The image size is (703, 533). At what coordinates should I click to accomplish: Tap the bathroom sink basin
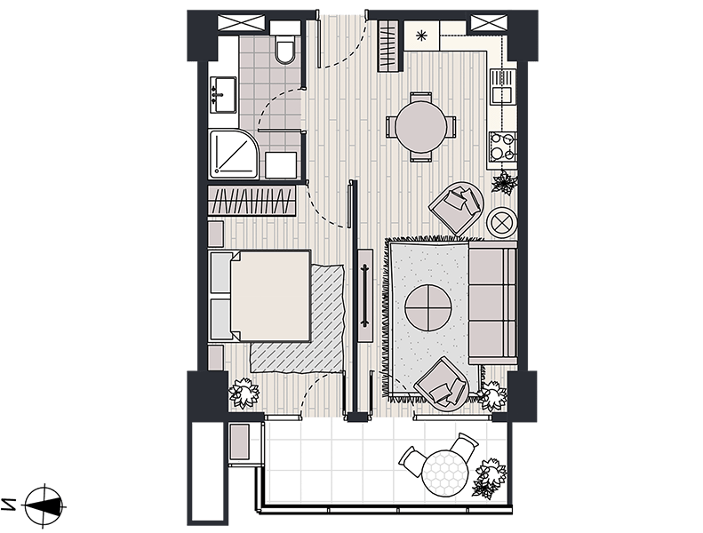[224, 94]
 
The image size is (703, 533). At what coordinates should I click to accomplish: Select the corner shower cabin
[234, 153]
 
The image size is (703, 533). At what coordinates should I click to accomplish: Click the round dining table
[421, 127]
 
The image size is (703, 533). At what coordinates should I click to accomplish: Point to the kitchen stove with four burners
[502, 147]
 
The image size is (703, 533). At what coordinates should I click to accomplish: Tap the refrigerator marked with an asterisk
[422, 36]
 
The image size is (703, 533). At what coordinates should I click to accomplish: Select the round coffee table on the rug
[428, 307]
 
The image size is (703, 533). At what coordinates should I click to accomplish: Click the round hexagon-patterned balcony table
[444, 473]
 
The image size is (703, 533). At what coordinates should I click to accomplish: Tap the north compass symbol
[43, 505]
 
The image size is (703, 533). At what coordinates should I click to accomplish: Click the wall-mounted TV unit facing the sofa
[366, 296]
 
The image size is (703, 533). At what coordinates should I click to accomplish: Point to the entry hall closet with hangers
[389, 46]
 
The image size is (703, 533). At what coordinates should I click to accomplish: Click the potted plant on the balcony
[489, 478]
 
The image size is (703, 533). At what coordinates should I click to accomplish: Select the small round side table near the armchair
[501, 221]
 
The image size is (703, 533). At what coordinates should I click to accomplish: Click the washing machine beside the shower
[281, 164]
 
